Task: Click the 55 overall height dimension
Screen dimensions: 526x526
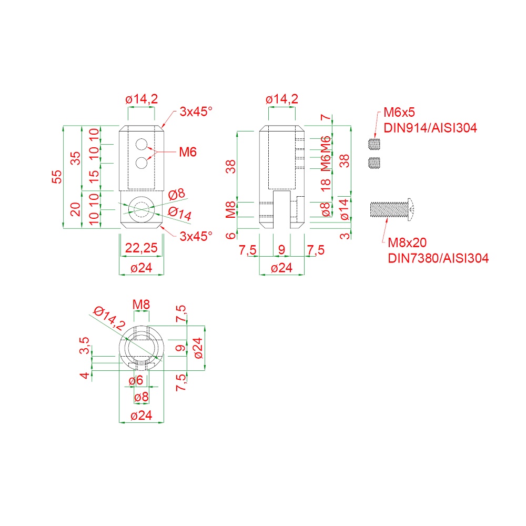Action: (x=57, y=177)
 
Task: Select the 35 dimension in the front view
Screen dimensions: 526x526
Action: (x=76, y=158)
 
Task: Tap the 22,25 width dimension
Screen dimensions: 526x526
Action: (x=141, y=248)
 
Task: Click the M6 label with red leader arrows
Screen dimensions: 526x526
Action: (x=188, y=152)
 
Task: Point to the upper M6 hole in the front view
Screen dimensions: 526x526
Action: (x=141, y=144)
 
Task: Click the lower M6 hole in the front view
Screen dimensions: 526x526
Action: (x=141, y=163)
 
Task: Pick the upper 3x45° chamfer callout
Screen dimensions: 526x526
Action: (x=196, y=112)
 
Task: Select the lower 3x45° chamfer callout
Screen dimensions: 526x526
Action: (x=196, y=236)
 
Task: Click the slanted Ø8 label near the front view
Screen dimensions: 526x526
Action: (x=176, y=194)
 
